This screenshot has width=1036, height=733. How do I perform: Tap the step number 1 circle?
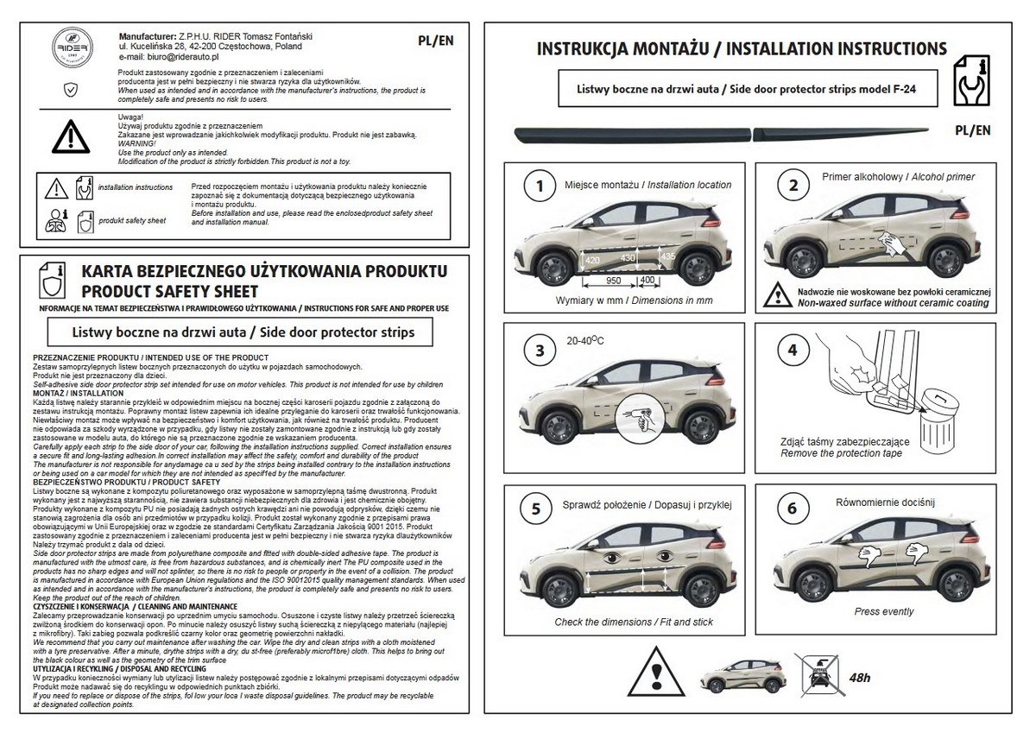tap(540, 186)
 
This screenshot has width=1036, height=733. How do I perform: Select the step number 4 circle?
tap(791, 350)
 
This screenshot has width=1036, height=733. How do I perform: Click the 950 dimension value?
tap(614, 281)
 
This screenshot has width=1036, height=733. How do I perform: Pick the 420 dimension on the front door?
tap(592, 260)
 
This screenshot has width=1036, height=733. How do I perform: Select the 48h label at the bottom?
tap(860, 677)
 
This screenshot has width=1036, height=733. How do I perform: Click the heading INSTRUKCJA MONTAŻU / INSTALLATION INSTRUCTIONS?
tap(742, 48)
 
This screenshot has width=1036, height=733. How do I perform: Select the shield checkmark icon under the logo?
tap(70, 88)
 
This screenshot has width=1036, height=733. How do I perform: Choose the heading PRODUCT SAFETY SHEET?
tap(168, 292)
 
